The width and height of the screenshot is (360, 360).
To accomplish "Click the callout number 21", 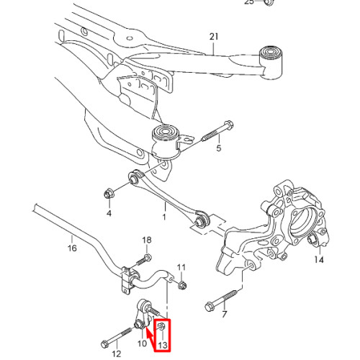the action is (214, 37).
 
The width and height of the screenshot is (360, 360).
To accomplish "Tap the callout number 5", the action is (219, 148).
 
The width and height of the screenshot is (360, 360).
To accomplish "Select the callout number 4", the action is (109, 213).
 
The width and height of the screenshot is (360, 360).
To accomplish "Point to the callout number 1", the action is (164, 217).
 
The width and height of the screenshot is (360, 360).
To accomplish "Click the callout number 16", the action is (72, 248).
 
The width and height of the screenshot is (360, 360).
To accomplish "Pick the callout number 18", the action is (147, 240).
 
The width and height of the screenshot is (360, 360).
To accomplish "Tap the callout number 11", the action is (181, 267).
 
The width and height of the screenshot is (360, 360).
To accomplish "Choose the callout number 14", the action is (319, 259).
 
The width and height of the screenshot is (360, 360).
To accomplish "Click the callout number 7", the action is (225, 314).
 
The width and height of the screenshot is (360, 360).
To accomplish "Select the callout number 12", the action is (117, 354).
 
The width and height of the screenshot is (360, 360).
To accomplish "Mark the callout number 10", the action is (142, 343).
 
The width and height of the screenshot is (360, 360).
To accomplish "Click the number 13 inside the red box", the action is (163, 345).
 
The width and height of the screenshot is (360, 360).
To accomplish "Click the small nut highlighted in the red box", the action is (161, 325).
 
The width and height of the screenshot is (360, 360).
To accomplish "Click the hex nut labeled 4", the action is (109, 194).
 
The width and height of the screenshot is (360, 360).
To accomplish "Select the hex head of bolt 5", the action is (228, 125).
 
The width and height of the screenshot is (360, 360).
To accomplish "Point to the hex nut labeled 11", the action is (182, 285).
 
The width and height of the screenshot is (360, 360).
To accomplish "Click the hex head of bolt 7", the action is (210, 307).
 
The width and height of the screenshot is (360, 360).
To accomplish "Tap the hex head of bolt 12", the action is (104, 344).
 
